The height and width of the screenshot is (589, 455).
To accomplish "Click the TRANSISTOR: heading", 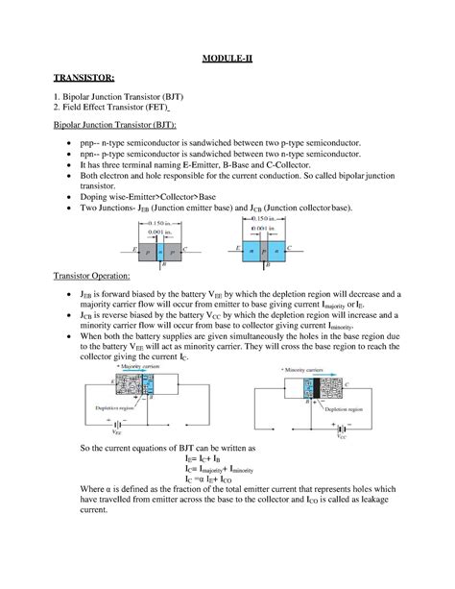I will point(80,75).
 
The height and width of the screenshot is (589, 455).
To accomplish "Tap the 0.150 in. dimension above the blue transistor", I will point(254,220).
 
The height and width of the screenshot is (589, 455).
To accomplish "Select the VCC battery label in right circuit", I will point(341,435).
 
